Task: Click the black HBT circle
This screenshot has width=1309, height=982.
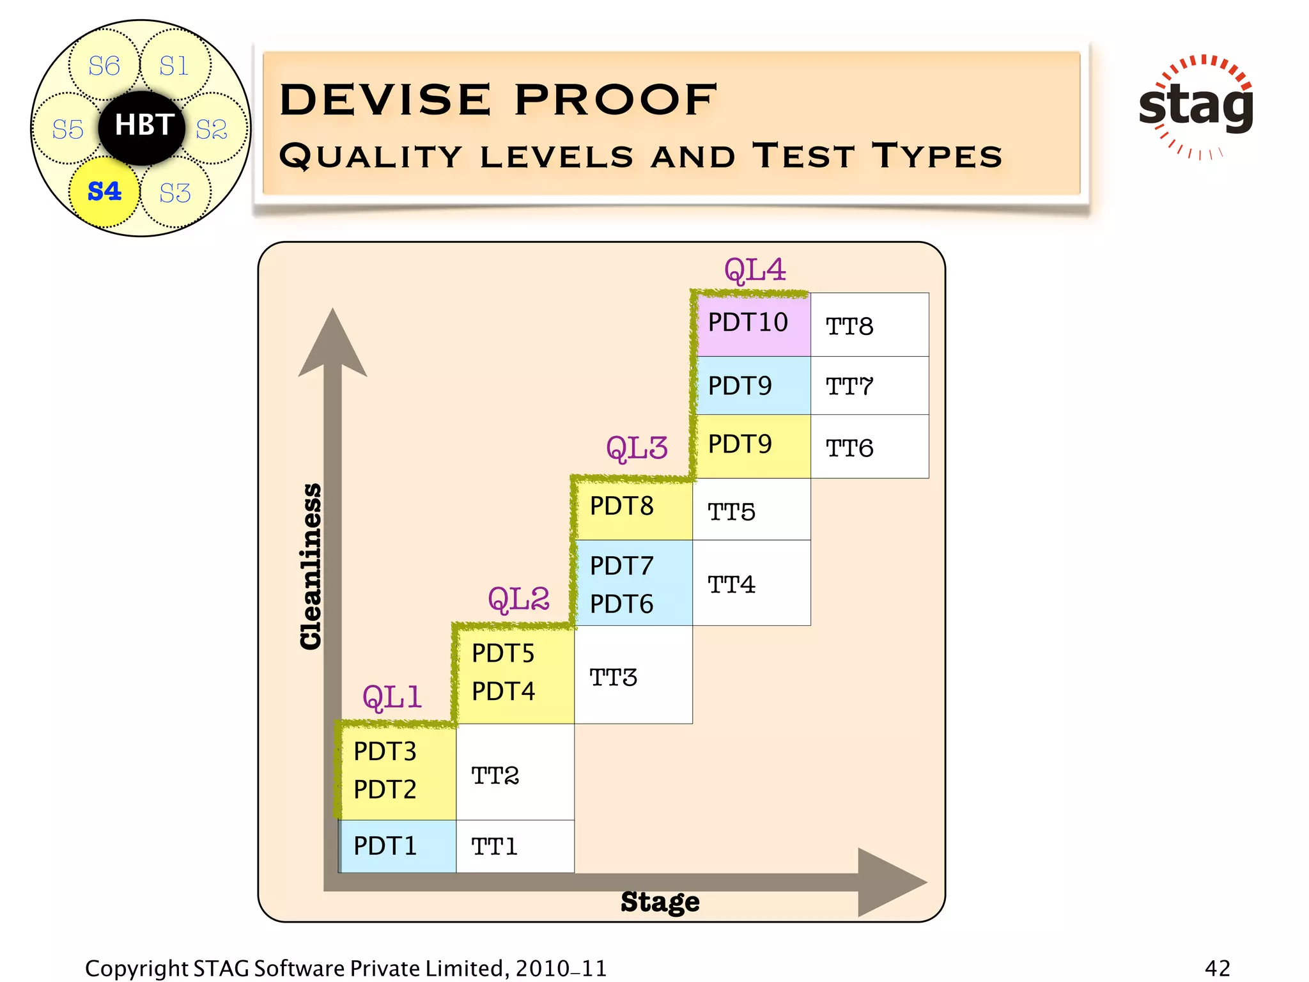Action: click(x=142, y=126)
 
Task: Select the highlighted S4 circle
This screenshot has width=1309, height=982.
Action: click(x=104, y=191)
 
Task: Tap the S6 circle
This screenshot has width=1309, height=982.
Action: click(x=104, y=66)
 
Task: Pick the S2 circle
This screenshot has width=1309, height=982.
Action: click(x=212, y=129)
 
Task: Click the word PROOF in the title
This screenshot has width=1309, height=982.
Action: click(x=616, y=100)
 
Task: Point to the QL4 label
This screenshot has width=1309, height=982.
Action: click(x=755, y=270)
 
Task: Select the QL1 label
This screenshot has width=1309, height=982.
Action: click(x=392, y=696)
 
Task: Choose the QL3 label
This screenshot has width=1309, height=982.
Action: click(x=637, y=448)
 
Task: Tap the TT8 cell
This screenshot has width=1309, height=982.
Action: click(x=869, y=325)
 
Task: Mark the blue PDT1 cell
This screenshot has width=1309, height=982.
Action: click(x=397, y=846)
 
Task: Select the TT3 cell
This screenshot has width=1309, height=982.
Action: click(x=633, y=676)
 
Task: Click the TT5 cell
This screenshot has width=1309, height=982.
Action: click(x=751, y=510)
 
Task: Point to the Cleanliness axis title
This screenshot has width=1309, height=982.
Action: click(x=311, y=566)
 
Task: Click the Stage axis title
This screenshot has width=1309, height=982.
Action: click(x=660, y=902)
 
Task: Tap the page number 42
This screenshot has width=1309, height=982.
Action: click(x=1217, y=968)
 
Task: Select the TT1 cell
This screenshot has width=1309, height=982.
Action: click(x=515, y=846)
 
